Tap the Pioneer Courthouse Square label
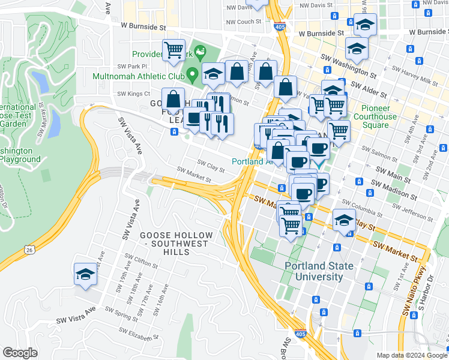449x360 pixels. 375,117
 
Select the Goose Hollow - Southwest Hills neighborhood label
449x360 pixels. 176,239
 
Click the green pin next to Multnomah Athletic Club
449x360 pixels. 192,76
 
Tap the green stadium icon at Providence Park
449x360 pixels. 199,48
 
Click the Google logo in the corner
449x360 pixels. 20,353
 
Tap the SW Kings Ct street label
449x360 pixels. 133,94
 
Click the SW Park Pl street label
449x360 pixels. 132,66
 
